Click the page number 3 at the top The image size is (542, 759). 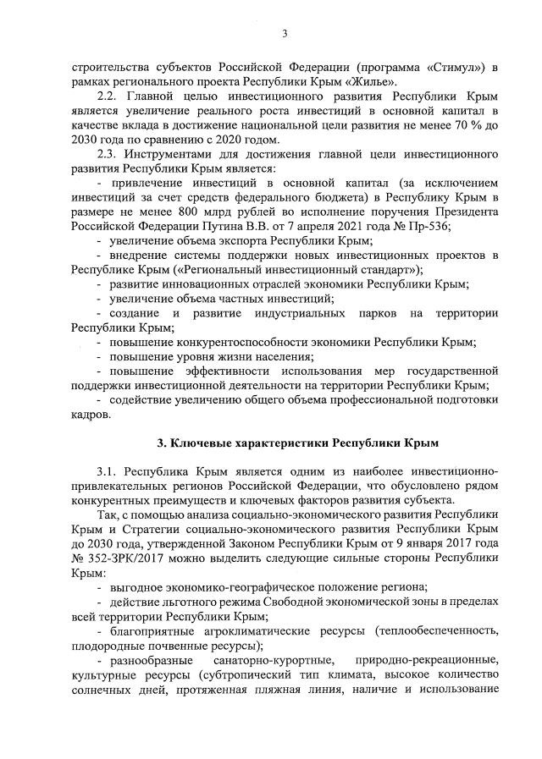285,33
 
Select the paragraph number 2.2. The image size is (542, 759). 108,96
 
